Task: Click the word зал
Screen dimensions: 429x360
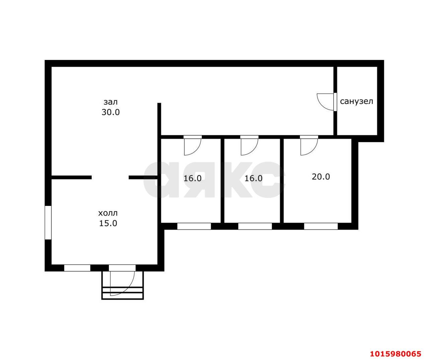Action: pos(111,102)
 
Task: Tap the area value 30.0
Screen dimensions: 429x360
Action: pos(111,112)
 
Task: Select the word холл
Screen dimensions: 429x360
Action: pos(108,213)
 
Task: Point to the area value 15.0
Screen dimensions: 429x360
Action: pos(108,223)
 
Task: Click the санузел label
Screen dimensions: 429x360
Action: pos(357,101)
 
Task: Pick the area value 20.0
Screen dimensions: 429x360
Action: pos(321,176)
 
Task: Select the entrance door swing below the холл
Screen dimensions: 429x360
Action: pos(122,283)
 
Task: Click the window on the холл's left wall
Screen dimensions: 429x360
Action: pos(48,223)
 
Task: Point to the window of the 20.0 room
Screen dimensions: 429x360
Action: pos(321,226)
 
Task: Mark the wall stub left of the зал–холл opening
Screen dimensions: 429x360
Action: pos(71,177)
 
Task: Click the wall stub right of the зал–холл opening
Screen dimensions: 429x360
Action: pos(143,177)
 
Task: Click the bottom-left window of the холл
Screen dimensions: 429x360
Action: pos(77,268)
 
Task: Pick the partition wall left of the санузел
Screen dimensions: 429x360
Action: pos(335,100)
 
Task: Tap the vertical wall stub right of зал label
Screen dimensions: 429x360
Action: pos(159,119)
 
